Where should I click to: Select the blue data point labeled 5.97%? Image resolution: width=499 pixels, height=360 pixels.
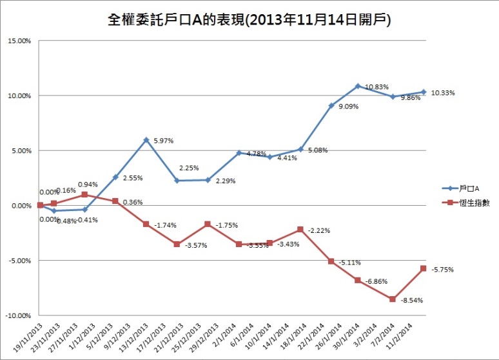tap(146, 139)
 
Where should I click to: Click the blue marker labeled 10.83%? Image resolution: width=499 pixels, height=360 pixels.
tap(357, 86)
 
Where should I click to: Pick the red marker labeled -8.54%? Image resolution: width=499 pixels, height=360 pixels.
tap(392, 299)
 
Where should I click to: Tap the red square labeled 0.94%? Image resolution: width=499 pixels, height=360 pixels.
tap(84, 195)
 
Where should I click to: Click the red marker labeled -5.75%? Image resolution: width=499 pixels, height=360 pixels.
tap(424, 268)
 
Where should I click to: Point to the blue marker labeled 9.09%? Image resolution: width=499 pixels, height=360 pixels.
tap(331, 105)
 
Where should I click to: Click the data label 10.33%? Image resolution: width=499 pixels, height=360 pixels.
tap(443, 93)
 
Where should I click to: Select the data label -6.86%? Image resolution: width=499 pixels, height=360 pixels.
tap(377, 282)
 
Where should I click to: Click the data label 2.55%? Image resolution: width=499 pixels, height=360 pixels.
tap(132, 177)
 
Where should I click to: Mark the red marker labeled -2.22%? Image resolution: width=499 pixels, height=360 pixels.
tap(300, 230)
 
